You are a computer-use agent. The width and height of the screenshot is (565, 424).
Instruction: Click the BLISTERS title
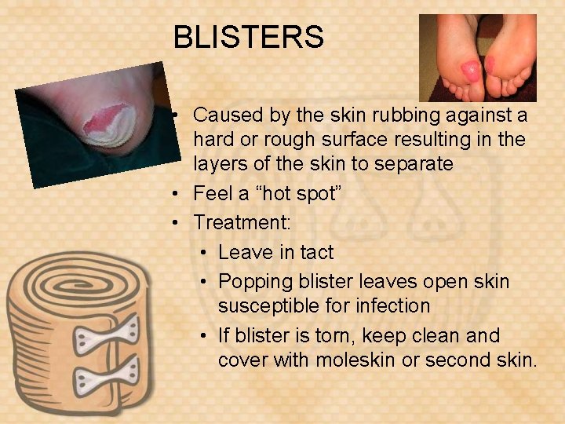[248, 37]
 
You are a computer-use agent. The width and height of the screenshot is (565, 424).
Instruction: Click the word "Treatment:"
[242, 222]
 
